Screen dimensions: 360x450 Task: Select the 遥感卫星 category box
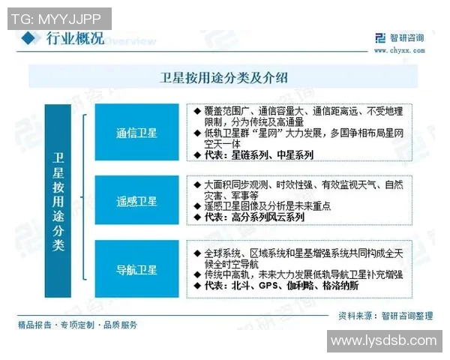point(136,201)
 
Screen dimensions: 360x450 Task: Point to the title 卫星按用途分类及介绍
point(224,76)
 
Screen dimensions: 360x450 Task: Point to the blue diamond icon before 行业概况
point(28,39)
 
